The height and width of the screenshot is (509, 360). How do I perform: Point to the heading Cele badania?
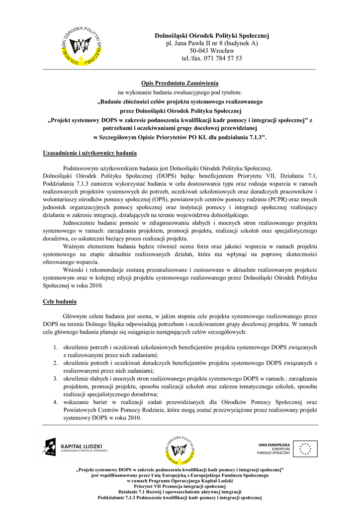click(x=59, y=302)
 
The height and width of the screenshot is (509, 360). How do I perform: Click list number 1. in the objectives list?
click(x=56, y=348)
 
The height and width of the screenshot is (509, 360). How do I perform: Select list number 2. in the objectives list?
click(x=56, y=363)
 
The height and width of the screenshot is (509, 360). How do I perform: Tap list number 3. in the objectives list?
click(x=56, y=378)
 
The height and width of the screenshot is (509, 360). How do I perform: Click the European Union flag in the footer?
click(x=304, y=448)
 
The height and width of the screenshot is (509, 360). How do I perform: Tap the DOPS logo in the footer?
click(x=180, y=447)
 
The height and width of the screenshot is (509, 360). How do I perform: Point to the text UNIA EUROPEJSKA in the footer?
click(x=274, y=443)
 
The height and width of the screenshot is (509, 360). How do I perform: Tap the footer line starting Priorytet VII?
click(x=180, y=486)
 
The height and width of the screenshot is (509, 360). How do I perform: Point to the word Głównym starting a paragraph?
click(x=76, y=316)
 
